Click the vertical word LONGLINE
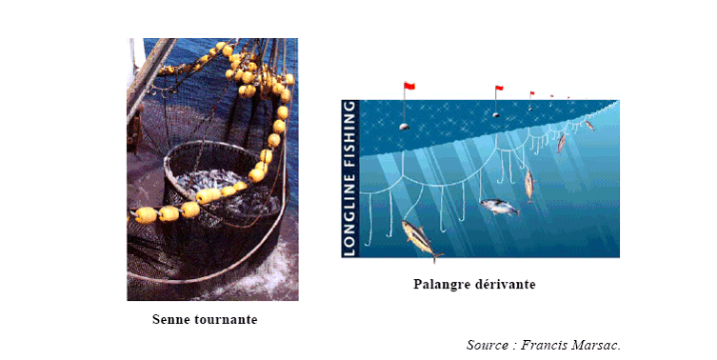click(349, 214)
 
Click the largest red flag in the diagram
click(409, 86)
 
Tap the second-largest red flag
click(499, 88)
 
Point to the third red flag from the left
click(532, 93)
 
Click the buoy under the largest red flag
click(404, 127)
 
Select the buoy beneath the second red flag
click(496, 115)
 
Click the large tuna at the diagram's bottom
click(421, 239)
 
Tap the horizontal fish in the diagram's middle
click(500, 208)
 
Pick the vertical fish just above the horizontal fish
click(529, 185)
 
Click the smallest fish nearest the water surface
click(589, 125)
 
